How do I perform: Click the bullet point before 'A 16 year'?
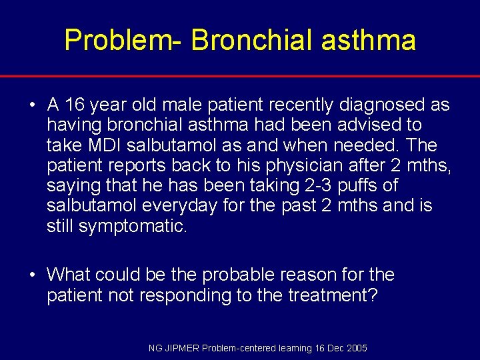tap(32, 105)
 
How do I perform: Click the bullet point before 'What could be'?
tap(32, 275)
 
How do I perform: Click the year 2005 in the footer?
tap(356, 349)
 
